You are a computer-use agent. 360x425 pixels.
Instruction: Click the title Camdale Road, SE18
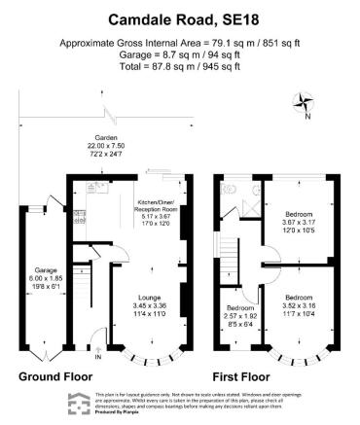click(179, 18)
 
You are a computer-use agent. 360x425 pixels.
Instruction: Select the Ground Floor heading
click(55, 374)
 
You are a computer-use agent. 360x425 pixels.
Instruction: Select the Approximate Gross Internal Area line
click(179, 44)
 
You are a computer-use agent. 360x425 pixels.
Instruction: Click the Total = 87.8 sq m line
click(179, 67)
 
